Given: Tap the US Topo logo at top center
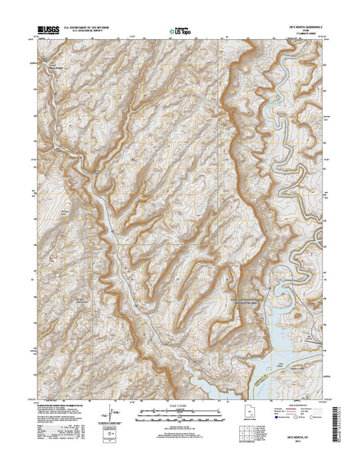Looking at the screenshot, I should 180,31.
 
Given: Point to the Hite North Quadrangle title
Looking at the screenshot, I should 304,27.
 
